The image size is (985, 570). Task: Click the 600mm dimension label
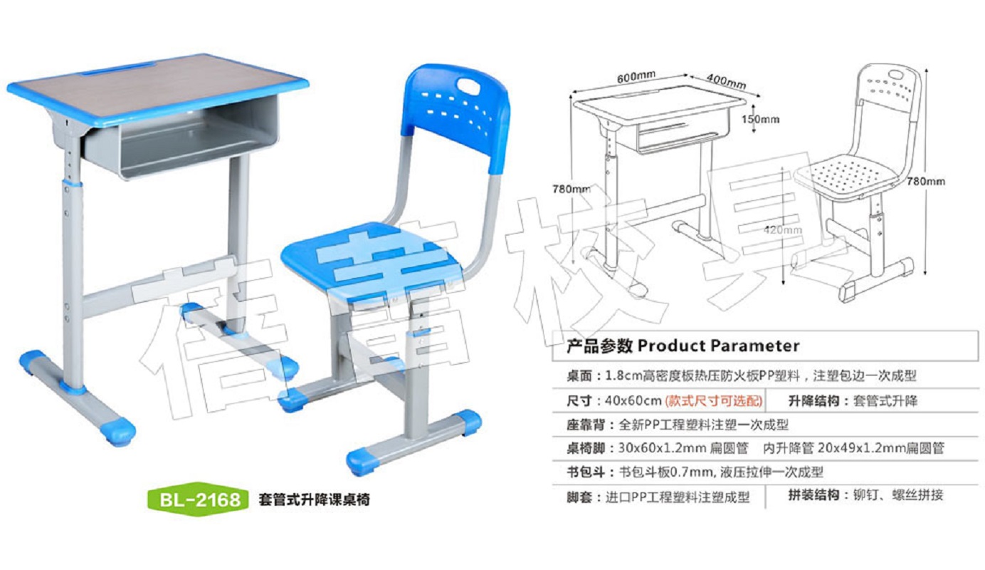pos(636,77)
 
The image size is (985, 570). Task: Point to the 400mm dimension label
pos(726,81)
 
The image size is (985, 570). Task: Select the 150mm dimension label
pos(760,119)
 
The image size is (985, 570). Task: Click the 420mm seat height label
pos(783,229)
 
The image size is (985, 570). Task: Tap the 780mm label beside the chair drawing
pos(926,182)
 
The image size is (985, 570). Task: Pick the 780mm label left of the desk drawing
pos(571,190)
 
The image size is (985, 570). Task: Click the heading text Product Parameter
pos(719,346)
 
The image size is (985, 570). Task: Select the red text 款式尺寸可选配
pos(714,400)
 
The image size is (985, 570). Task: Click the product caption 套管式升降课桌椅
pos(314,499)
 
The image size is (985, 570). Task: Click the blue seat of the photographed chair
pos(371,259)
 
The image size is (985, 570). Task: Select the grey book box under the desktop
pos(180,137)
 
